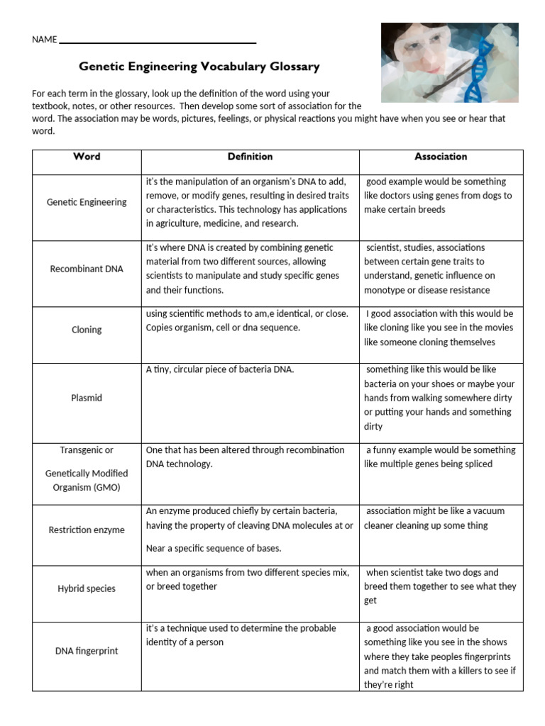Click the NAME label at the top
click(44, 40)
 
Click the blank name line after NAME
click(157, 41)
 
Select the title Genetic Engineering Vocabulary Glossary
click(199, 67)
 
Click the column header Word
click(87, 157)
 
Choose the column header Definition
click(250, 157)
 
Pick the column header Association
click(441, 157)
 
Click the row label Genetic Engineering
click(87, 202)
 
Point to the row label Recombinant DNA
click(87, 269)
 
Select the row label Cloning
click(87, 330)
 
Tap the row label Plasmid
click(87, 398)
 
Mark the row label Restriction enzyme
click(87, 530)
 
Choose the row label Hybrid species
click(87, 588)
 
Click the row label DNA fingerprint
click(87, 651)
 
